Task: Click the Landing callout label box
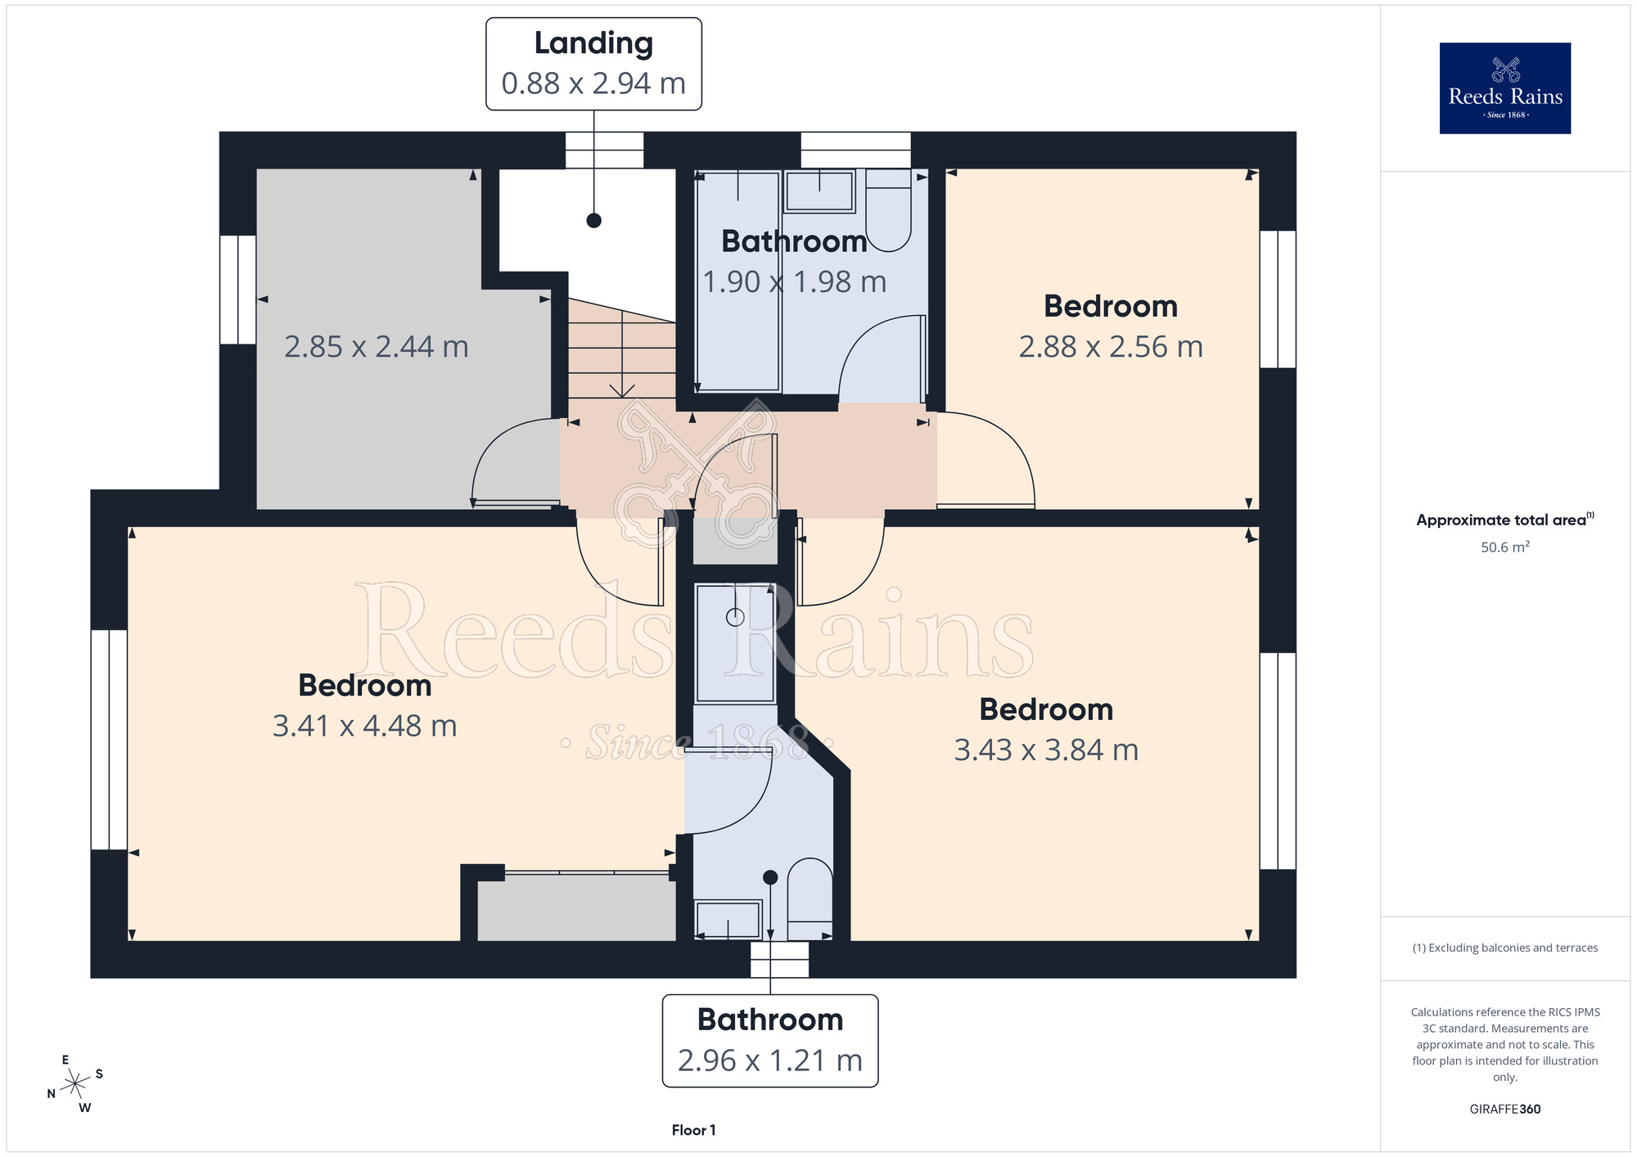tap(593, 64)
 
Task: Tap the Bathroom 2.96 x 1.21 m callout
tap(770, 1041)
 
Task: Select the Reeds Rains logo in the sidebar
tap(1505, 88)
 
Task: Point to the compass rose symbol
tap(75, 1084)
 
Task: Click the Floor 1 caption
tap(693, 1130)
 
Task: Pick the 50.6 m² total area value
tap(1505, 547)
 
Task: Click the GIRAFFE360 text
tap(1505, 1110)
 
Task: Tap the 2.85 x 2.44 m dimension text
tap(377, 347)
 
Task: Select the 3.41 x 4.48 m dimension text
tap(365, 726)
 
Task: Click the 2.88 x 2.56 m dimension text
tap(1111, 347)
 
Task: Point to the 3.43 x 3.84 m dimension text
tap(1046, 750)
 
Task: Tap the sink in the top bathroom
tap(819, 191)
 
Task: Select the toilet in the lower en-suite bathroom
tap(809, 898)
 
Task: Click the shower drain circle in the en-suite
tap(735, 617)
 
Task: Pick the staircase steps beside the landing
tap(622, 349)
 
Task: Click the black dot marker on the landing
tap(594, 220)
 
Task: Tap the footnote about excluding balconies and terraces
tap(1505, 948)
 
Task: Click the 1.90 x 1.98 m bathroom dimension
tap(795, 282)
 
